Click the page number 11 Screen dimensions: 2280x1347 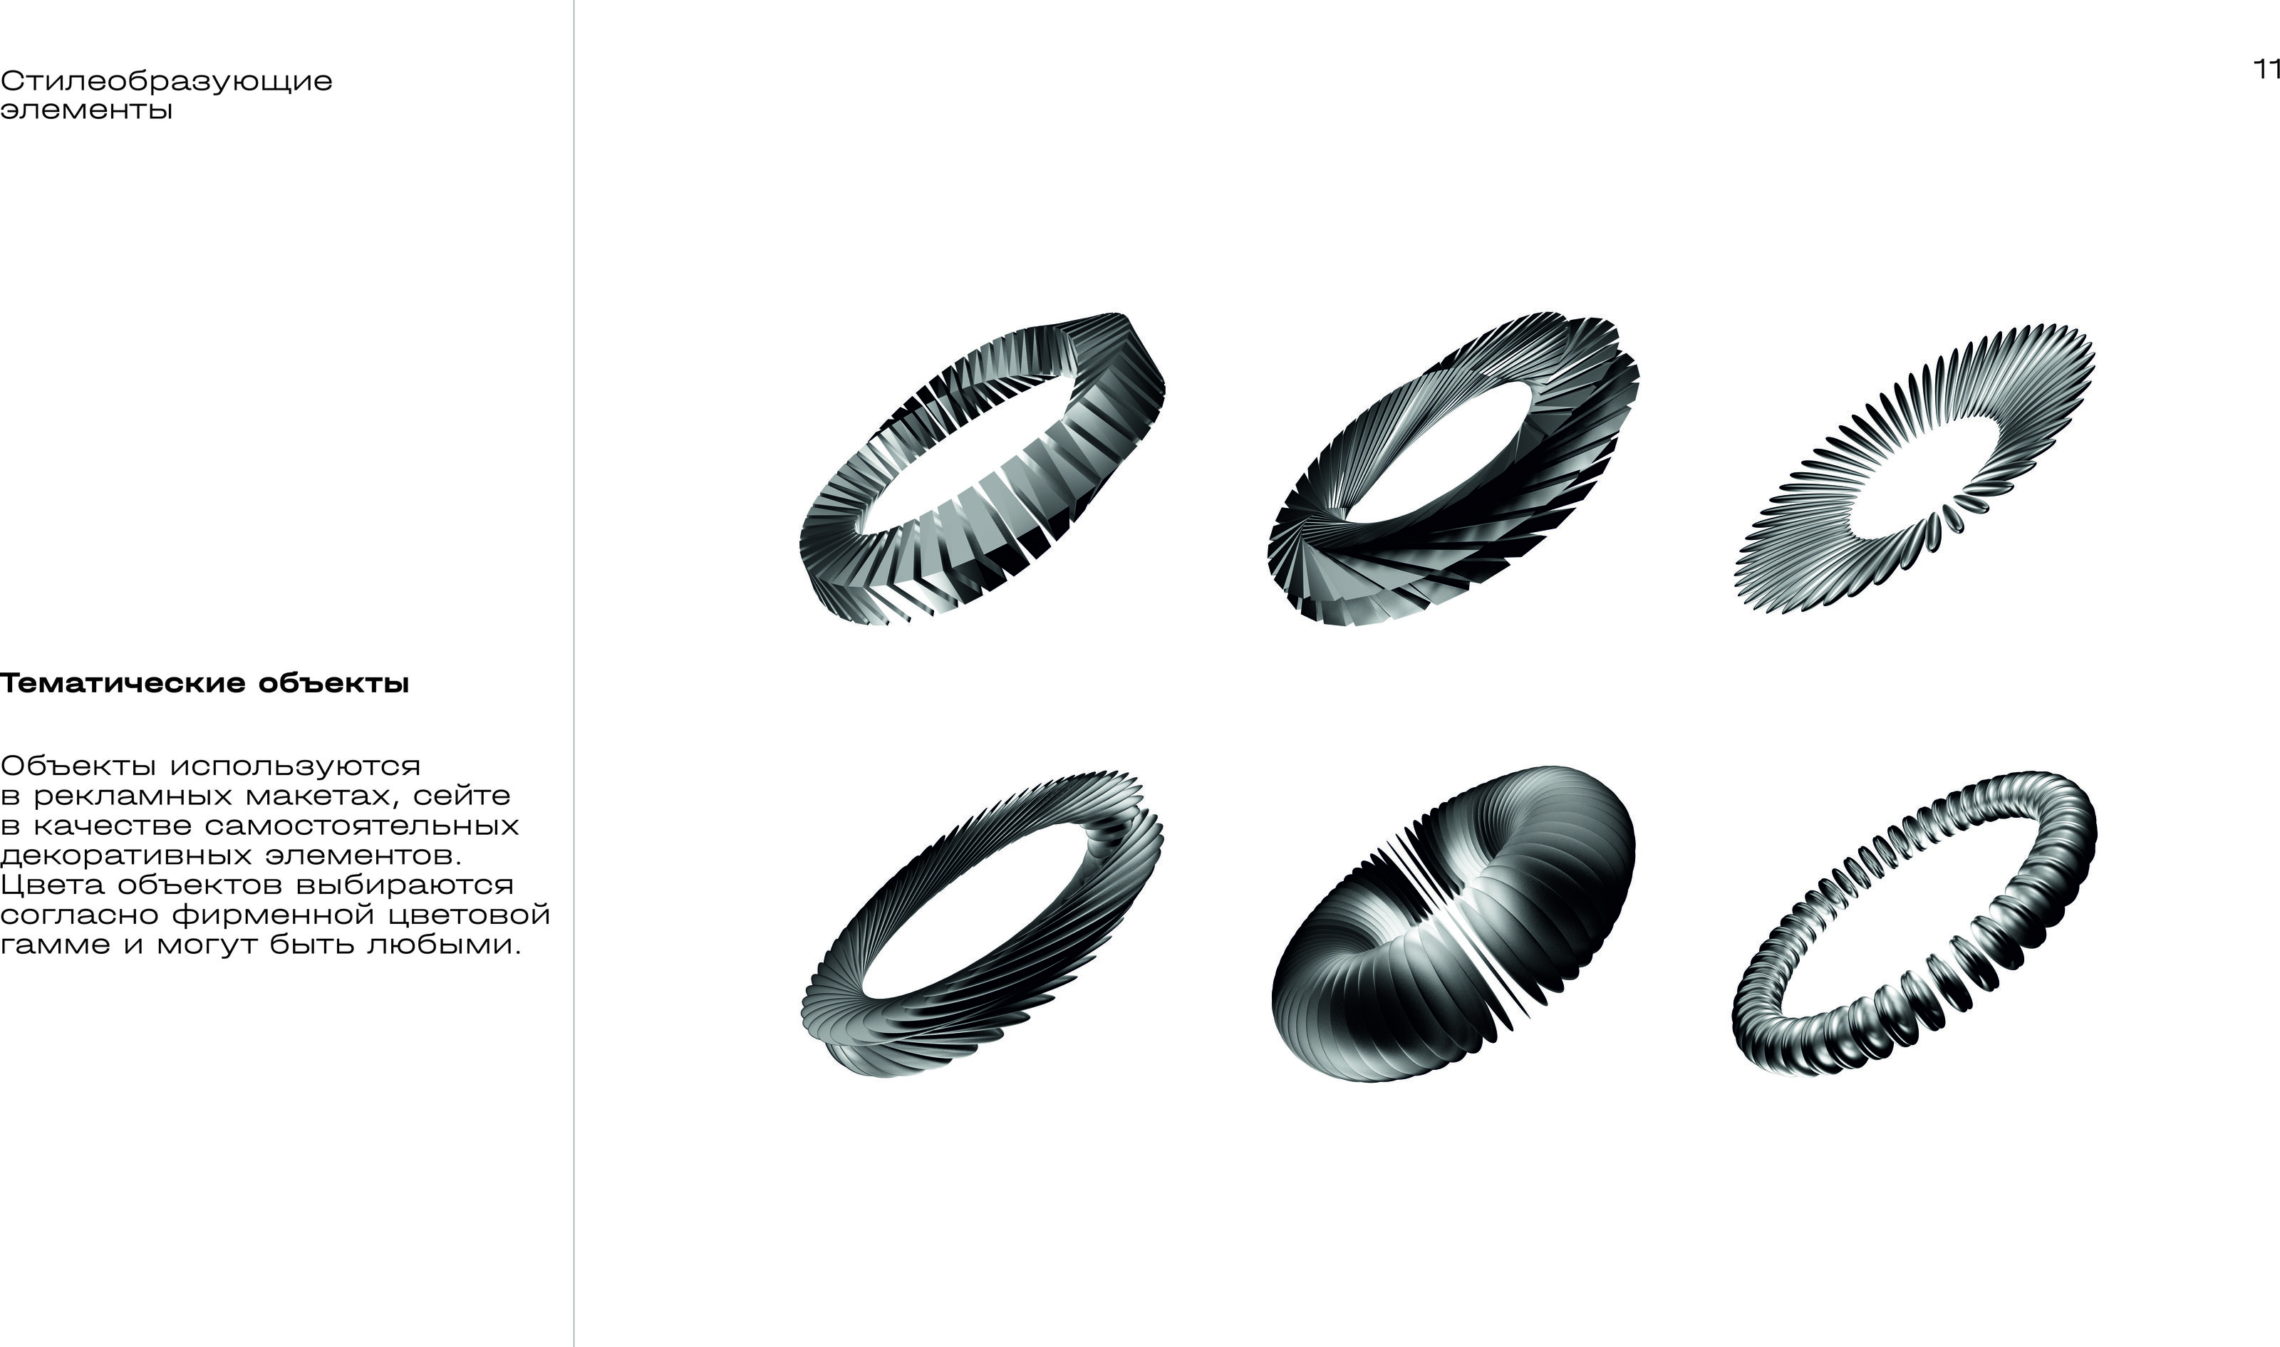coord(2266,70)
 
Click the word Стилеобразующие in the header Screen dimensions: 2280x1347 coord(166,83)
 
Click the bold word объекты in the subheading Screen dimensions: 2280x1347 coord(333,684)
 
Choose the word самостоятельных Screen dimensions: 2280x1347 coord(362,826)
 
